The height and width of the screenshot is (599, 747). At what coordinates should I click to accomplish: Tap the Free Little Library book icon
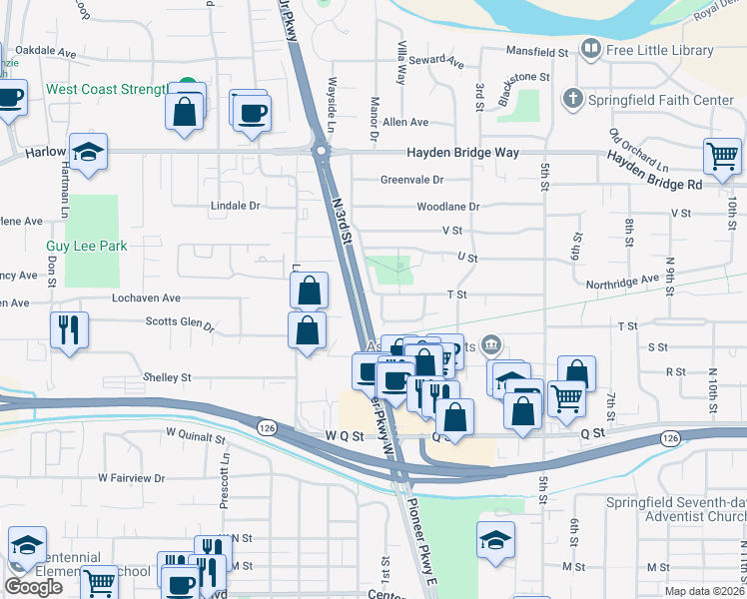(591, 49)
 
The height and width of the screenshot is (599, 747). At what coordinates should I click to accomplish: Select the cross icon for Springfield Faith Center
(573, 98)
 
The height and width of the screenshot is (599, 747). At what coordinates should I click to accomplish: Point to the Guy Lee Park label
(85, 246)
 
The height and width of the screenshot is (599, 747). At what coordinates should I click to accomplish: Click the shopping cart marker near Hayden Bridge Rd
(722, 156)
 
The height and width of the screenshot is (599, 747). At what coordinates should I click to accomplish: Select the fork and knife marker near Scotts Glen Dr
(69, 329)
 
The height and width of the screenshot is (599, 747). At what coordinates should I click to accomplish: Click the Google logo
(33, 587)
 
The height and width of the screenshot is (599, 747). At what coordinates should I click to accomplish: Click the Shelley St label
(167, 377)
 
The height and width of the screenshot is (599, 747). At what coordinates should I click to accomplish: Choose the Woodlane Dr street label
(448, 207)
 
